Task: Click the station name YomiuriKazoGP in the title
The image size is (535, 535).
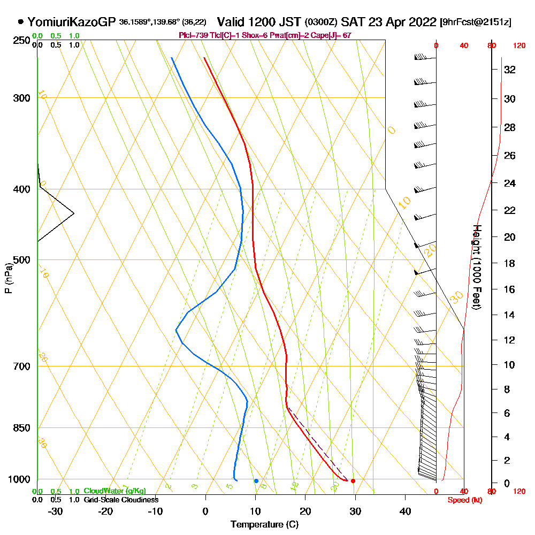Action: [x=71, y=22]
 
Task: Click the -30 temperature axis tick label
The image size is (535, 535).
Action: [x=56, y=511]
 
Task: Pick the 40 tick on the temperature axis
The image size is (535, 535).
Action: [x=405, y=511]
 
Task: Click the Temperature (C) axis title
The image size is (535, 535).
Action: [x=264, y=525]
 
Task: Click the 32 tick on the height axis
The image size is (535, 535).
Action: [x=509, y=70]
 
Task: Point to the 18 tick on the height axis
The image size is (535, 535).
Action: [x=509, y=263]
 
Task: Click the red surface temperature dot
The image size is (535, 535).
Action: [x=353, y=481]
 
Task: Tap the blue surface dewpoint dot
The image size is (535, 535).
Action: [x=256, y=481]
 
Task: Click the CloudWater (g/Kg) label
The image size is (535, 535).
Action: [x=114, y=491]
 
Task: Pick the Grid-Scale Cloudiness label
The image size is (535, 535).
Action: [x=121, y=500]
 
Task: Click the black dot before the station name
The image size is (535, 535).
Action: [x=20, y=22]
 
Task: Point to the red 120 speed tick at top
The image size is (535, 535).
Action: [x=518, y=46]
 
